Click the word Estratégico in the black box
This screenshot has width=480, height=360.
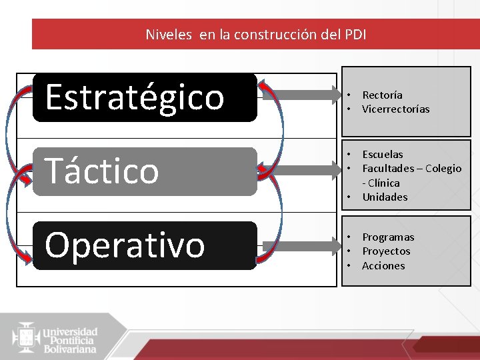pyautogui.click(x=135, y=97)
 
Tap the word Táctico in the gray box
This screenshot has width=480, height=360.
pyautogui.click(x=102, y=171)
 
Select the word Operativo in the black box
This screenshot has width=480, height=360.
pyautogui.click(x=125, y=245)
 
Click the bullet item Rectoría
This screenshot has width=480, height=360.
pyautogui.click(x=382, y=95)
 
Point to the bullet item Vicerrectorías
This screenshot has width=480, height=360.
pyautogui.click(x=395, y=109)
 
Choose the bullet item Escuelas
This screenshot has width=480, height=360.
pyautogui.click(x=382, y=155)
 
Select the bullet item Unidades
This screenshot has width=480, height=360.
pyautogui.click(x=385, y=197)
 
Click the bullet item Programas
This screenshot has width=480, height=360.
pyautogui.click(x=388, y=237)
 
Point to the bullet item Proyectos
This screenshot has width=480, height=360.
pyautogui.click(x=386, y=251)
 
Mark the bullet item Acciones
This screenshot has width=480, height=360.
pyautogui.click(x=383, y=266)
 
